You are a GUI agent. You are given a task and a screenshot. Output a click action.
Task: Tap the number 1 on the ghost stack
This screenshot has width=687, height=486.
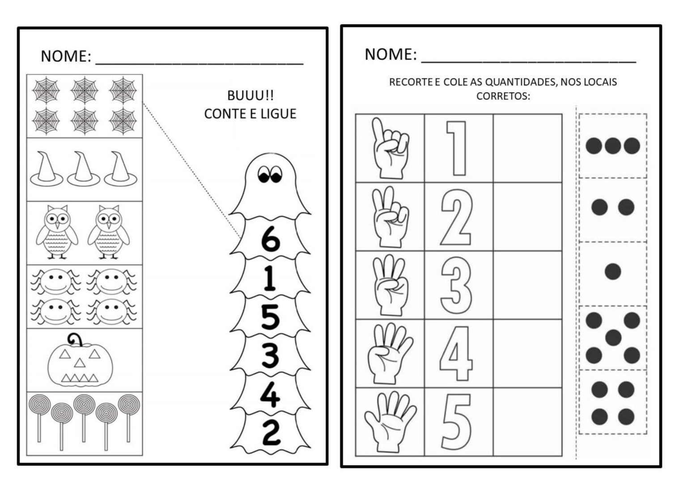point(270,278)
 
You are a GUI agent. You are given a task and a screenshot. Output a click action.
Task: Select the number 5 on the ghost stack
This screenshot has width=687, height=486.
point(270,317)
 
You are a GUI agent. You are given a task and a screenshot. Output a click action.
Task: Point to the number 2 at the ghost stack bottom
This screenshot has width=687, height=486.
point(271,433)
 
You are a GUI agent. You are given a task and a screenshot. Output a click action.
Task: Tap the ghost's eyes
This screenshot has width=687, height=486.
point(270,174)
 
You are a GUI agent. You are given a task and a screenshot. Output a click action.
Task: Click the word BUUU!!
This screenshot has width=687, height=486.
point(250,96)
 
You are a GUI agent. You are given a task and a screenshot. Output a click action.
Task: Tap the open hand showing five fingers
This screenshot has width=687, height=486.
point(390,422)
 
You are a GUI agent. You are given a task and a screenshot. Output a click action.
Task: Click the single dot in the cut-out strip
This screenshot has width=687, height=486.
point(613,272)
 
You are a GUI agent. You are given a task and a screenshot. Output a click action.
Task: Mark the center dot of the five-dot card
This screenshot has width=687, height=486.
point(613,337)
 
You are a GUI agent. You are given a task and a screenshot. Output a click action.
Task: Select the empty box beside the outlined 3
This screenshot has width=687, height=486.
point(527,285)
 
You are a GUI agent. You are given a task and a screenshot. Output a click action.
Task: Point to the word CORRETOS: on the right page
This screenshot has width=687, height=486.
point(503,96)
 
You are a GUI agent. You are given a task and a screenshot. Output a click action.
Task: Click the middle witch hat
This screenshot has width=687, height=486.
point(84,169)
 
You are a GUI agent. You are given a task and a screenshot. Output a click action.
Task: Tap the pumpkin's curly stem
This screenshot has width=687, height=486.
point(76,340)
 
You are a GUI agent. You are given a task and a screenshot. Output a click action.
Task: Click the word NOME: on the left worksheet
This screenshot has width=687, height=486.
point(66,56)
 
